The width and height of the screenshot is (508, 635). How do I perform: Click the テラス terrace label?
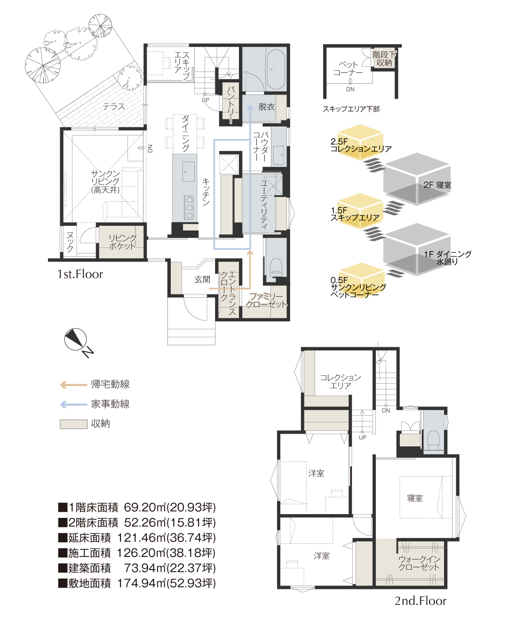point(114,106)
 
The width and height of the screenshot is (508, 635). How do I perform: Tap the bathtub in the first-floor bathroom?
point(275,69)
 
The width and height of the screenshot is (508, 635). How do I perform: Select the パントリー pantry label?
point(230,104)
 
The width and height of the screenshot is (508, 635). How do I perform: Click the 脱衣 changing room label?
point(266,107)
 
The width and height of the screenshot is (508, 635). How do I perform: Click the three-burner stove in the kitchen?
point(189,207)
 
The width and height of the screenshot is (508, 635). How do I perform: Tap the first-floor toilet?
point(277,268)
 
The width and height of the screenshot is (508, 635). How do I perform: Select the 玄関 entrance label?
point(202,279)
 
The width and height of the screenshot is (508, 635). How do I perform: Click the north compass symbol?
point(76,339)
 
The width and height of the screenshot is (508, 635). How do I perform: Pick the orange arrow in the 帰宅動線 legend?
point(73,385)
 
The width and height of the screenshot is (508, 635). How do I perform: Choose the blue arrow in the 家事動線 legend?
point(73,405)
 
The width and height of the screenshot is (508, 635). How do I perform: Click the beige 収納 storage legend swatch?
point(73,424)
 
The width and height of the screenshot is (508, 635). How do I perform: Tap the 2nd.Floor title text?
point(420,601)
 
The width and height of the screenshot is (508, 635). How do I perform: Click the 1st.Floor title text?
point(80,274)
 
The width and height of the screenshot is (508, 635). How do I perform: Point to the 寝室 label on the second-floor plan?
point(415,498)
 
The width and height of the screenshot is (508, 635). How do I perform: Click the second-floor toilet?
point(434,440)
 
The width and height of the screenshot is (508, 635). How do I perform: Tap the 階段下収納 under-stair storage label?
point(384,58)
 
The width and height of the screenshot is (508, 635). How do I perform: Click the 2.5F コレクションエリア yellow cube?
point(360,142)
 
